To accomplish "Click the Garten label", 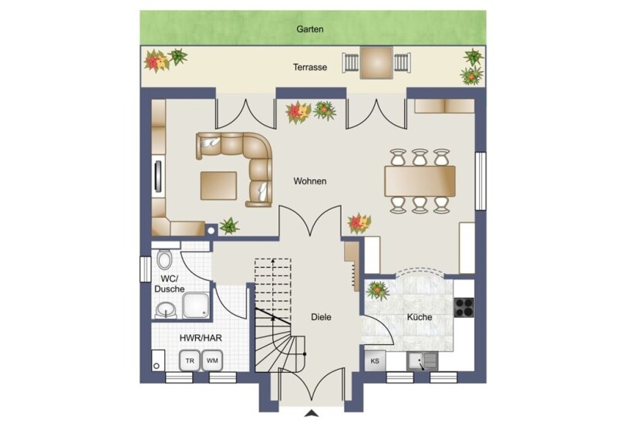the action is (x=310, y=29).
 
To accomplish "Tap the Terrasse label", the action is (x=310, y=67).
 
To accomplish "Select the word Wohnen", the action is (x=310, y=181).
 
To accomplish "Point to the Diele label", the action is (x=321, y=317).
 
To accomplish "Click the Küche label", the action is (x=420, y=317).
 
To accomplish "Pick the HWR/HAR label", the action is (x=201, y=338).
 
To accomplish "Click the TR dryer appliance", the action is (x=190, y=360).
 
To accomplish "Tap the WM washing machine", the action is (x=212, y=360).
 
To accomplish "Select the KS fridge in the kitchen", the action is (x=375, y=361).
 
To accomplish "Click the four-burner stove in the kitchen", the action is (x=464, y=308).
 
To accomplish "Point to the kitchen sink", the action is (x=422, y=361).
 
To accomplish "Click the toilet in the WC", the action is (x=164, y=259).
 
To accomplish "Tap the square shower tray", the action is (x=196, y=306).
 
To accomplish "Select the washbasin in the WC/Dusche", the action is (x=166, y=310).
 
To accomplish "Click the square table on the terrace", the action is (x=377, y=63).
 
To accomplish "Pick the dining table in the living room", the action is (x=420, y=181).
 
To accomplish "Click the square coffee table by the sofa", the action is (x=218, y=185).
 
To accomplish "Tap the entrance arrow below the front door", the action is (x=312, y=413).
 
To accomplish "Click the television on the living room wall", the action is (x=158, y=177).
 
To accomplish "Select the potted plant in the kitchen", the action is (x=378, y=291).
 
